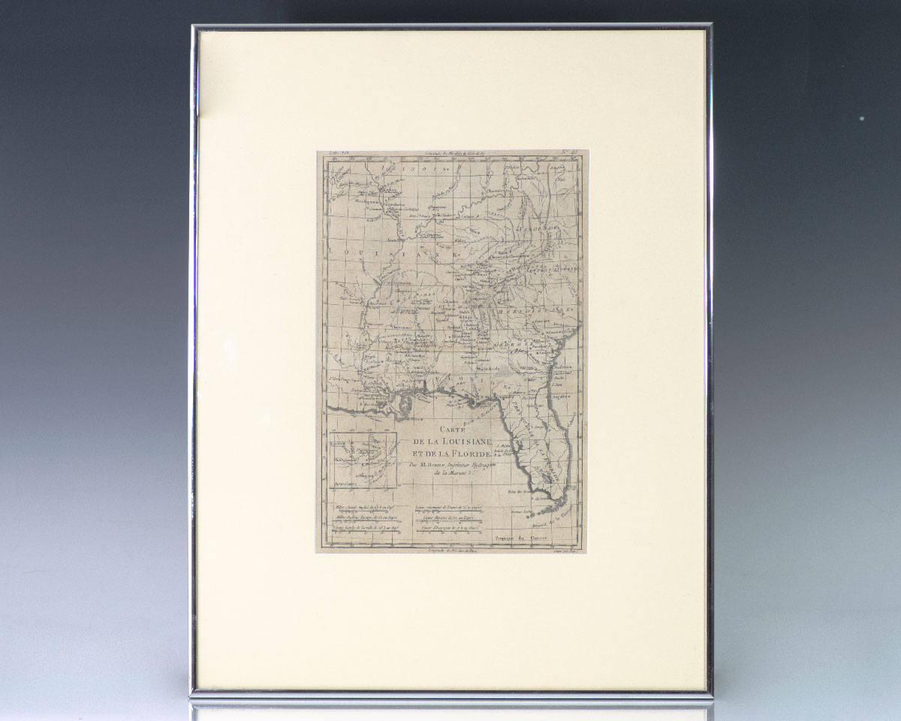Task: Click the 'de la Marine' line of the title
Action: pyautogui.click(x=444, y=474)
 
